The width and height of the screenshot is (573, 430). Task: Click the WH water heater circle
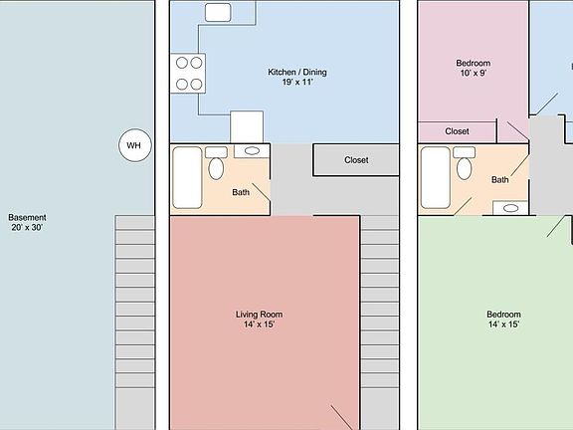pyautogui.click(x=133, y=145)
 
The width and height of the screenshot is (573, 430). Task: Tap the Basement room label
pyautogui.click(x=27, y=217)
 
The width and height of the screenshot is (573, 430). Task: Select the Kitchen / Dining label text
pyautogui.click(x=297, y=72)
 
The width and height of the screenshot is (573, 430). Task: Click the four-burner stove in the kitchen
pyautogui.click(x=190, y=73)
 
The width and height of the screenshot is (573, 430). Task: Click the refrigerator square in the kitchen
pyautogui.click(x=247, y=127)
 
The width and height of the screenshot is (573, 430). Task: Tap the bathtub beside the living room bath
pyautogui.click(x=188, y=177)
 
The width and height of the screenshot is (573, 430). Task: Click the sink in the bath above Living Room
pyautogui.click(x=253, y=151)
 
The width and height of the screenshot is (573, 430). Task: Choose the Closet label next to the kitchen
pyautogui.click(x=356, y=160)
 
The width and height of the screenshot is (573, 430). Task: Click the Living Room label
pyautogui.click(x=264, y=314)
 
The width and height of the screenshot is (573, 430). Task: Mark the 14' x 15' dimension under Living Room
pyautogui.click(x=264, y=324)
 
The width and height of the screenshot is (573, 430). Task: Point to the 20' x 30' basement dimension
pyautogui.click(x=27, y=228)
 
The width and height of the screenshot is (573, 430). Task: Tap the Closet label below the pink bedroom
pyautogui.click(x=457, y=131)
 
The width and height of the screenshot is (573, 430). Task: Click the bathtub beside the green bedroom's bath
pyautogui.click(x=435, y=177)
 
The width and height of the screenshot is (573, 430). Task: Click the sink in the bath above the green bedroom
pyautogui.click(x=510, y=208)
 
